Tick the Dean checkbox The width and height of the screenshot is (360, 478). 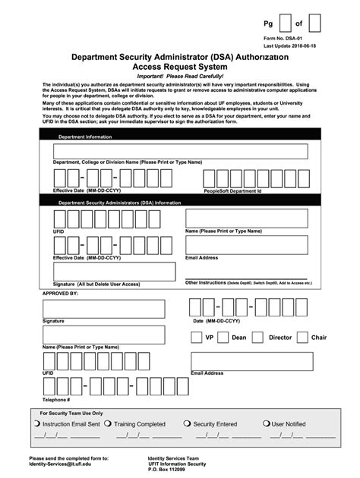point(220,338)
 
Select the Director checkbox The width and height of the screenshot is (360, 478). point(257,338)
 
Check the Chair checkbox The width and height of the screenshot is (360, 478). point(302,338)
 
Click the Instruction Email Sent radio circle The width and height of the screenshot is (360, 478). point(38,424)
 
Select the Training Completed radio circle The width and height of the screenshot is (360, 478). point(108,424)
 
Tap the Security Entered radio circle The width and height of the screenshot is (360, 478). point(188,424)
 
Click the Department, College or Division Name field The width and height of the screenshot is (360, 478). point(180,152)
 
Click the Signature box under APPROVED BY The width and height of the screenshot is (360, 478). point(103,309)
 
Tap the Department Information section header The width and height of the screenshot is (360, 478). point(85,137)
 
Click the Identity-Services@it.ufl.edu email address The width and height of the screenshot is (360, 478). point(62,464)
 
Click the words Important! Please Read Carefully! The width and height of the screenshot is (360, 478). point(179,77)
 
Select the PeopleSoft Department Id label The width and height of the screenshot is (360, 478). point(232,192)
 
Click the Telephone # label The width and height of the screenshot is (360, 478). point(56,399)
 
